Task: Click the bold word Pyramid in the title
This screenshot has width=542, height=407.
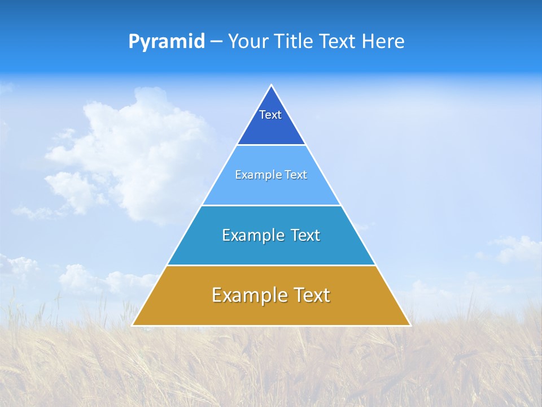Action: [x=167, y=42]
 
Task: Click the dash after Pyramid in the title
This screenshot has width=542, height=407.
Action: [x=216, y=42]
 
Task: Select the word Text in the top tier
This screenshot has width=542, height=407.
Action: [x=270, y=115]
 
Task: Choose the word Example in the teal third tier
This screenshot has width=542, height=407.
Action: [x=249, y=236]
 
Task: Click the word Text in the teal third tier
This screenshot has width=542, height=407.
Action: [x=305, y=236]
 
